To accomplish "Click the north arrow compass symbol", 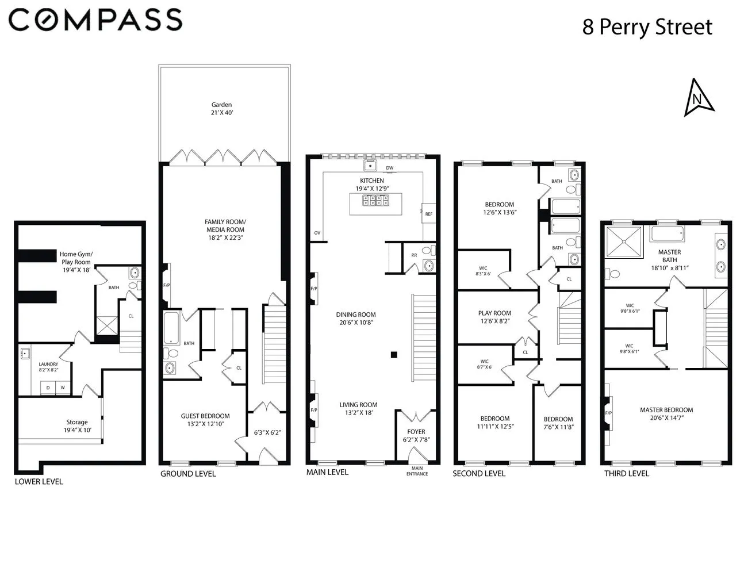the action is [x=698, y=98].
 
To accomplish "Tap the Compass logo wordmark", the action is [x=95, y=20].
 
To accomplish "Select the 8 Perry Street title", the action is [x=647, y=26].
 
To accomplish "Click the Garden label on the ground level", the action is [x=221, y=105].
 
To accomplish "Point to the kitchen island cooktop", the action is [x=375, y=200].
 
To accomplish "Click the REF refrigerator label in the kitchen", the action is [x=429, y=214].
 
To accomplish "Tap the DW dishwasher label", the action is [x=390, y=168].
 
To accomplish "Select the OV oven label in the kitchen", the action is [x=317, y=233].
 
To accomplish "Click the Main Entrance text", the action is [x=417, y=470].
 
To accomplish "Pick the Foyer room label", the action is [x=416, y=432].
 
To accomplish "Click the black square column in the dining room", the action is [x=394, y=355].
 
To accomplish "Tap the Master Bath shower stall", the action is [x=623, y=241].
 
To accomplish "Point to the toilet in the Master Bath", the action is [x=612, y=274].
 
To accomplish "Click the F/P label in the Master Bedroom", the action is [x=608, y=413].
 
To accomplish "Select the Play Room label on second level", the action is [x=494, y=313].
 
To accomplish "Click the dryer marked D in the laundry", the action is [x=48, y=388].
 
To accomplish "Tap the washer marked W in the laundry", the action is [x=63, y=388].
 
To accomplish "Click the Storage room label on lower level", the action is [x=77, y=422].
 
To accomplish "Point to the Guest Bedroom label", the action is [x=205, y=416].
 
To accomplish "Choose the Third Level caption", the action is [x=627, y=473].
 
